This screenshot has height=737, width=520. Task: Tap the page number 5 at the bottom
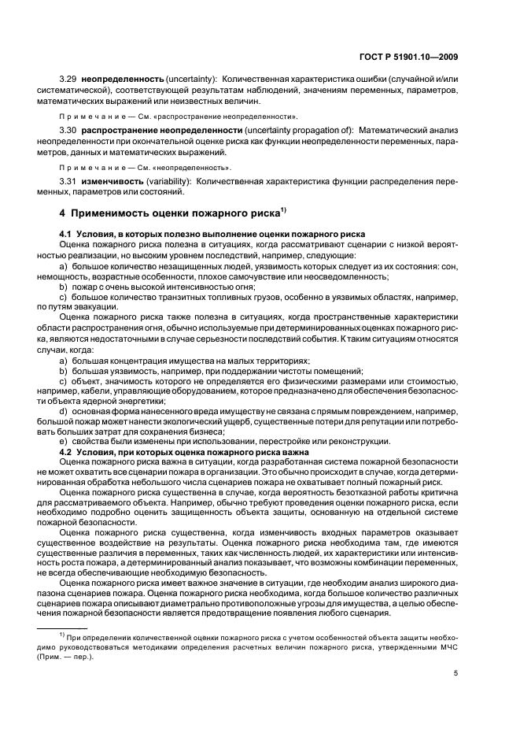tap(456, 673)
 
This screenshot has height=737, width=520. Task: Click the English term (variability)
tap(168, 180)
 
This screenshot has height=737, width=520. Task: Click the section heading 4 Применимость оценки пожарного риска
tap(168, 213)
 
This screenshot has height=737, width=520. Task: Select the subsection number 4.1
tap(65, 235)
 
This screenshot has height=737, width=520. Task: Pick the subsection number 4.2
tap(65, 450)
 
